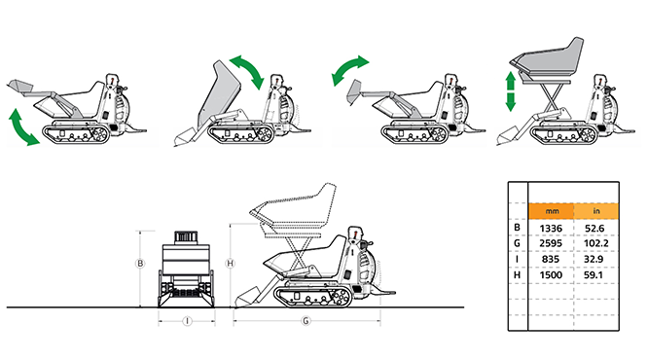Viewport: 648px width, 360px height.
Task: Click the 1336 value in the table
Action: (x=551, y=228)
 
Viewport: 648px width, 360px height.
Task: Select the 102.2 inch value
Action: (x=595, y=243)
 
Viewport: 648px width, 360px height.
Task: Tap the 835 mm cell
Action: (x=550, y=259)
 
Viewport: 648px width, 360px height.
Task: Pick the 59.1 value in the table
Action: (x=594, y=274)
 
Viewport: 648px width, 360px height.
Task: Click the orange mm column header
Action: (x=552, y=211)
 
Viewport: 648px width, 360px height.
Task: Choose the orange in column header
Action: (x=596, y=211)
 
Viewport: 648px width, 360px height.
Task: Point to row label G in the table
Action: (x=517, y=243)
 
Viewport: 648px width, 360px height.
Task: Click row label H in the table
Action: (x=517, y=274)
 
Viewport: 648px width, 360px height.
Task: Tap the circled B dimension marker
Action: (x=140, y=264)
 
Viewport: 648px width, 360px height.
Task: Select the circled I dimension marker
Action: (x=187, y=321)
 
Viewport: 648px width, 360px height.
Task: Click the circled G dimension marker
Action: (x=306, y=321)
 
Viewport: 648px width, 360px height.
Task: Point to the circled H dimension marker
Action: (x=231, y=264)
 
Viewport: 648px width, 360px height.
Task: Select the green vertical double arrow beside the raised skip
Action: (x=511, y=91)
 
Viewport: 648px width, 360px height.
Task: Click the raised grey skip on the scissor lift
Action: (x=548, y=60)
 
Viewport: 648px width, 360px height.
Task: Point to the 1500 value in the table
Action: (x=551, y=274)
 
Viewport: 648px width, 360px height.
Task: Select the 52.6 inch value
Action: (x=594, y=228)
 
